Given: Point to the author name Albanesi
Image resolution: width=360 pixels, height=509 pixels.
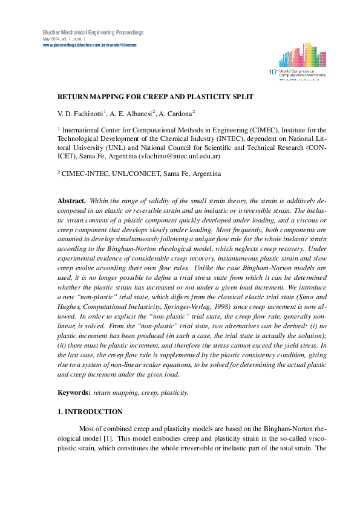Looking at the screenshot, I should [137, 113].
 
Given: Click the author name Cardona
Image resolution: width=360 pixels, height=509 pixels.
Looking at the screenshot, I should [178, 113].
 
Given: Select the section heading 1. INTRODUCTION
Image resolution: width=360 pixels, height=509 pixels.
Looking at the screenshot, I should [90, 412].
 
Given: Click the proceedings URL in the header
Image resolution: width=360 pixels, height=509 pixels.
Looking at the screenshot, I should [90, 45].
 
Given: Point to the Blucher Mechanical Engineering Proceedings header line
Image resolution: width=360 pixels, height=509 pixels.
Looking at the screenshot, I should [93, 32].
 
